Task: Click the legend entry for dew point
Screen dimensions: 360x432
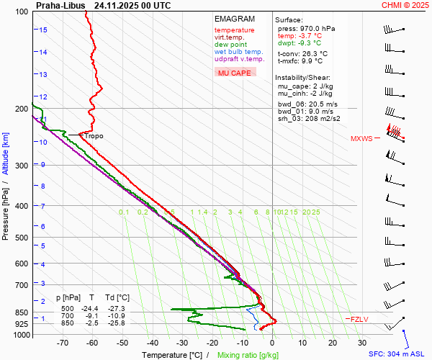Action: [x=230, y=45]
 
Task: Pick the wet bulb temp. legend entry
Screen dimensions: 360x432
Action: [x=238, y=52]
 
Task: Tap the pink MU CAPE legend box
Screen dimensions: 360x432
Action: [x=235, y=73]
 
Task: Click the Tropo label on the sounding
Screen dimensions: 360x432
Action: [x=94, y=135]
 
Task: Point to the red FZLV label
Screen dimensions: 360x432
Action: [x=359, y=319]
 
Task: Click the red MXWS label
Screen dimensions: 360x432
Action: [x=361, y=138]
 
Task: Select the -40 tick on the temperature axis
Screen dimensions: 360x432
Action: [x=152, y=343]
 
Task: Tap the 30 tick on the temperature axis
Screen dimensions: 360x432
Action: [x=362, y=343]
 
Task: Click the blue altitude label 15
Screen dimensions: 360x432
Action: [x=43, y=30]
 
